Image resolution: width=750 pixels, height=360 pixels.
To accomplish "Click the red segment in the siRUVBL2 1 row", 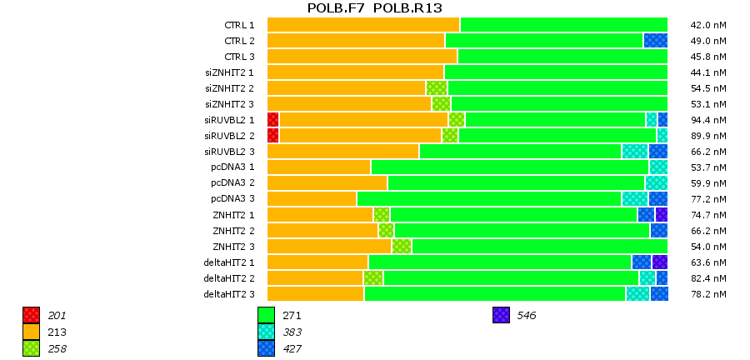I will click(272, 119).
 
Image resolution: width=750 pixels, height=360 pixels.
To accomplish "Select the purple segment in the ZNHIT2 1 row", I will click(661, 214).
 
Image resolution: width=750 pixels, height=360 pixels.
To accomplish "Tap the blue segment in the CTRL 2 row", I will click(655, 40).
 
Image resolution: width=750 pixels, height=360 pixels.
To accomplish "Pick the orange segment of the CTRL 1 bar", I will click(363, 24).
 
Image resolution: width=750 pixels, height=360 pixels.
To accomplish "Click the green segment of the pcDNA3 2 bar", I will click(516, 182).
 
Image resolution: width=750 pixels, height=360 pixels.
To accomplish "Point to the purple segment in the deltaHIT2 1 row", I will click(659, 262).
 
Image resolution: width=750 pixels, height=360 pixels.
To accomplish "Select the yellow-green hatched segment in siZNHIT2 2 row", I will click(437, 87).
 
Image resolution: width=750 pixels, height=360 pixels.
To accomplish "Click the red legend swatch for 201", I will click(32, 315).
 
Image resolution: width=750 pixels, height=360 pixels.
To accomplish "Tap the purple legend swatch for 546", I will click(501, 315).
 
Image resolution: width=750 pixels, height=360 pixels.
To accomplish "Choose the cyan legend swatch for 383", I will click(267, 332).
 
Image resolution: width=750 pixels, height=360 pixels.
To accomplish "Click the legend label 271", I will click(292, 316).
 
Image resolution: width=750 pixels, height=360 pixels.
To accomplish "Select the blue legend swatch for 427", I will click(267, 348).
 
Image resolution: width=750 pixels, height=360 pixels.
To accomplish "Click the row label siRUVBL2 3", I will click(229, 152).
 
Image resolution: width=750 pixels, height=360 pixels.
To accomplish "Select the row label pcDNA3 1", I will click(232, 167).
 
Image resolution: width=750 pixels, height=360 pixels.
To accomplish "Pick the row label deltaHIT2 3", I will click(229, 294).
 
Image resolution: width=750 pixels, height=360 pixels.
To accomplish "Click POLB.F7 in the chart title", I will click(335, 8).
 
